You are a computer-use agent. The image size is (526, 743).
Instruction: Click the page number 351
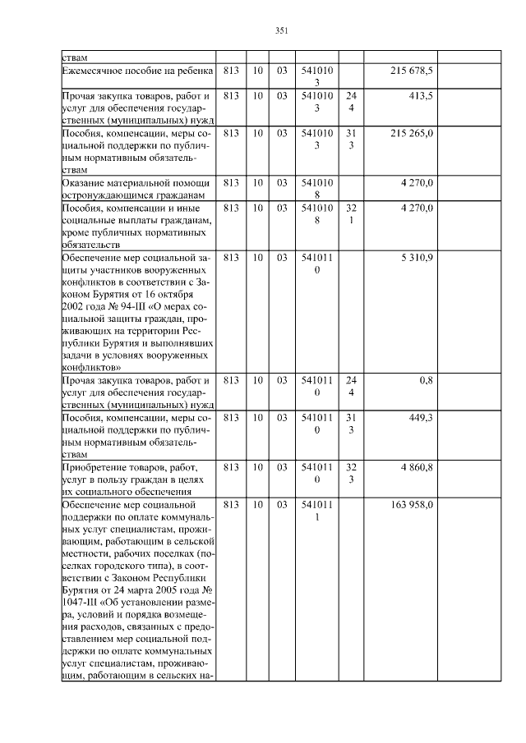(x=280, y=31)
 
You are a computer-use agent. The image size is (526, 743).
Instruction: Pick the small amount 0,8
(x=427, y=381)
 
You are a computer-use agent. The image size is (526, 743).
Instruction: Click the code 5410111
(x=316, y=510)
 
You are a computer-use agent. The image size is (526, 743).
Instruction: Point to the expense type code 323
(x=351, y=472)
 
